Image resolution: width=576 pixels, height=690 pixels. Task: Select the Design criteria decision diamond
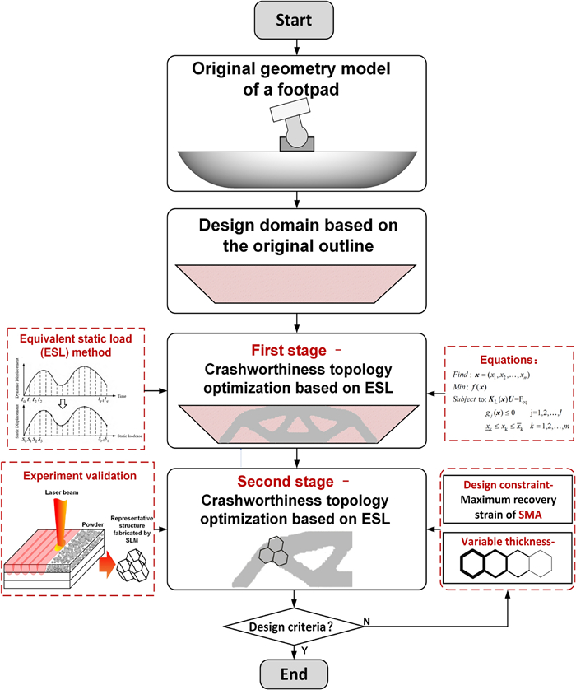[294, 604]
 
